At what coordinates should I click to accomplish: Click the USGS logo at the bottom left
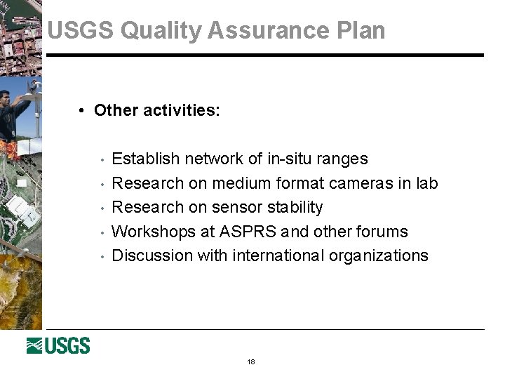(58, 345)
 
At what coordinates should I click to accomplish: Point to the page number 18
(251, 362)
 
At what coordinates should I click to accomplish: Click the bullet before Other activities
(83, 111)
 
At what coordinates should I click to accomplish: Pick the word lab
(426, 184)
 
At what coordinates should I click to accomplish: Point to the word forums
(383, 232)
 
